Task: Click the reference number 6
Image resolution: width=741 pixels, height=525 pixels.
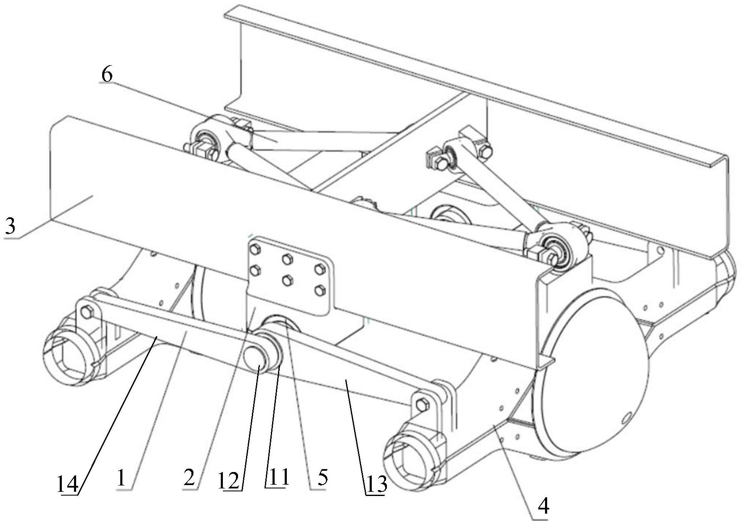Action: pos(107,75)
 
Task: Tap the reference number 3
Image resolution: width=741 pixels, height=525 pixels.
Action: pos(10,227)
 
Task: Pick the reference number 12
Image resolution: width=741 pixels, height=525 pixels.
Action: pos(229,480)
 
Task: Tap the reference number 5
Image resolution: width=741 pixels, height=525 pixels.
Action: pos(323,478)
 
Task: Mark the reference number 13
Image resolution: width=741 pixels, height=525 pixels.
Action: pos(376,485)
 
